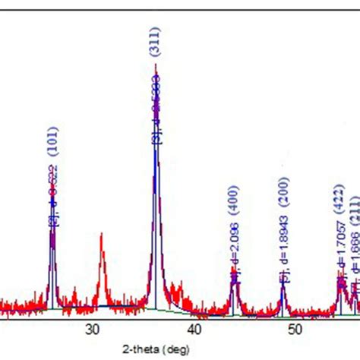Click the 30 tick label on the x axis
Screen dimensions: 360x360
pos(93,329)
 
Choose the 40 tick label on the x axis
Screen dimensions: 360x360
pos(194,329)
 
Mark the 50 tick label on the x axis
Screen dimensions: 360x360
pos(296,329)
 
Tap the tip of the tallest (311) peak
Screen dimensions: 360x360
pos(156,74)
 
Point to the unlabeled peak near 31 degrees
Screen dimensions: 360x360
pos(102,235)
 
